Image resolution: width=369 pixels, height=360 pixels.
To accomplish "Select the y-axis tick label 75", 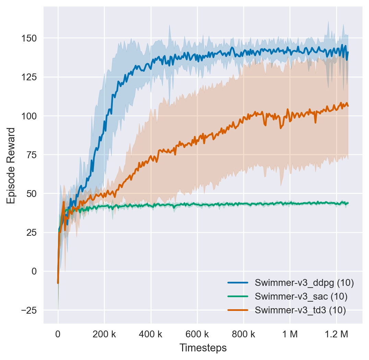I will [x=33, y=155].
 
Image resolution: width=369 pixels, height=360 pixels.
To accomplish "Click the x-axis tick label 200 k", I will [x=104, y=334].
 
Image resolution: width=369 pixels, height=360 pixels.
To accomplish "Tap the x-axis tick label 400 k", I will [x=151, y=334].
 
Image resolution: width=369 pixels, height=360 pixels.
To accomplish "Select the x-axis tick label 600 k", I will [x=197, y=334].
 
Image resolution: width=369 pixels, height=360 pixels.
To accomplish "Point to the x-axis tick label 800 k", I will [x=243, y=334].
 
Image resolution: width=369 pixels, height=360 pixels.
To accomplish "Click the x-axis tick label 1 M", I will [x=290, y=334].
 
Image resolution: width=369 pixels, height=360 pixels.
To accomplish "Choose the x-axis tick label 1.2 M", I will [x=336, y=334].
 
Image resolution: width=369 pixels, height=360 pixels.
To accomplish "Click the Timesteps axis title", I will [x=203, y=348].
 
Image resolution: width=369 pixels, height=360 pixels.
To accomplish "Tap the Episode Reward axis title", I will [x=11, y=165].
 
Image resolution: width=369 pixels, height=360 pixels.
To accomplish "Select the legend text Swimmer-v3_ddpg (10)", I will [x=304, y=283].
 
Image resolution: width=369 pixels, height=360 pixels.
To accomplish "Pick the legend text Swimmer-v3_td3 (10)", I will [x=300, y=310].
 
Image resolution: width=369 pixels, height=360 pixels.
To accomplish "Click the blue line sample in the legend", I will [x=238, y=283].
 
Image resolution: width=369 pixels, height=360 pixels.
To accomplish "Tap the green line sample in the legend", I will [x=238, y=297].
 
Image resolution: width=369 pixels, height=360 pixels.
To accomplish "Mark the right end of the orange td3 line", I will [x=348, y=106].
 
